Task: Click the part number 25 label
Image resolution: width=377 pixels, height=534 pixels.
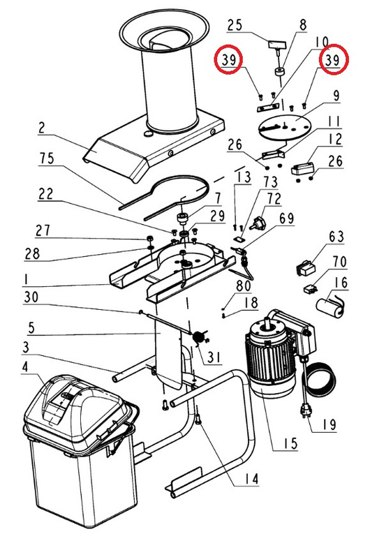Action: click(x=235, y=25)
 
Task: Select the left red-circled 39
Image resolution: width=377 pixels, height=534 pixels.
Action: click(x=228, y=60)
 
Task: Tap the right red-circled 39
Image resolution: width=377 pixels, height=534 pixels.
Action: click(x=333, y=60)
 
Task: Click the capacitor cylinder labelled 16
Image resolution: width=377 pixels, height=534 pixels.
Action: click(x=330, y=308)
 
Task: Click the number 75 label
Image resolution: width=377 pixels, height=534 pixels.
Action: click(x=47, y=158)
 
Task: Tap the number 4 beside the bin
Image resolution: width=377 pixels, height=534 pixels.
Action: click(x=25, y=367)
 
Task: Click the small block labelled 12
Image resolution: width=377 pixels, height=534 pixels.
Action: click(x=302, y=168)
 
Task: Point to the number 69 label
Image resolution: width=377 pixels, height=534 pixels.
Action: click(x=287, y=218)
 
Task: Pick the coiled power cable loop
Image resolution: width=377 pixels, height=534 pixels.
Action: click(x=320, y=379)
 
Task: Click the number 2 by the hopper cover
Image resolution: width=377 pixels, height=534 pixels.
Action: click(x=42, y=128)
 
